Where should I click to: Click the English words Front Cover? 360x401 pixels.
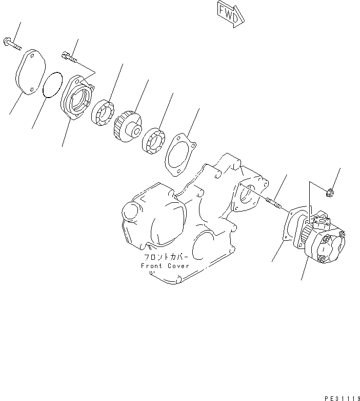tap(165, 265)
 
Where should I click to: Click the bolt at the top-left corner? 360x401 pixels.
tap(12, 45)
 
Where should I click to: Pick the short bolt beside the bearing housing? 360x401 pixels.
tap(71, 58)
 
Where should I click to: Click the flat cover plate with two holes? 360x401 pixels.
tap(30, 72)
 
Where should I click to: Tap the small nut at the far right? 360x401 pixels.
tap(330, 193)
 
